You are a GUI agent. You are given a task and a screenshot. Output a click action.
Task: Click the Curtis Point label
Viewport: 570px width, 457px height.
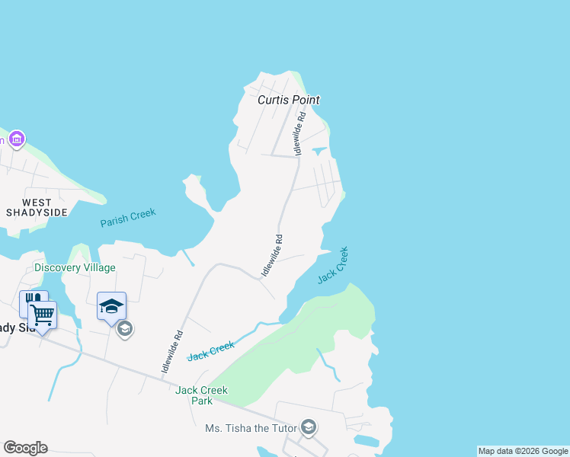288,100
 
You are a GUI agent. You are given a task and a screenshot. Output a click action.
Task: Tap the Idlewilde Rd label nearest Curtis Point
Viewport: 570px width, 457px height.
302,130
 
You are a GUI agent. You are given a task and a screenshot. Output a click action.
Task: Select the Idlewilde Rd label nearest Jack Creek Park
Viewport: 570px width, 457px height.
172,350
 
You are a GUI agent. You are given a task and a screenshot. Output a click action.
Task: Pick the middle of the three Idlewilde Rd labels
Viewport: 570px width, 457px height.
272,254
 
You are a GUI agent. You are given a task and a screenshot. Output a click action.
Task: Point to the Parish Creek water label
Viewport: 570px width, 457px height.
128,218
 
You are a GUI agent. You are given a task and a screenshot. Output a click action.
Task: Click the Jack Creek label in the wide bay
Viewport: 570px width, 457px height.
333,264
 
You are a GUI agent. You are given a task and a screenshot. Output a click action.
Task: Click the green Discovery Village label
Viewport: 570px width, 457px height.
75,267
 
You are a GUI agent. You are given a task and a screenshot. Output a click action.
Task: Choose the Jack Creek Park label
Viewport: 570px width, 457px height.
201,395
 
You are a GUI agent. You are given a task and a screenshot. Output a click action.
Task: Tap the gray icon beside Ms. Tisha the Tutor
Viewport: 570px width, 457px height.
309,427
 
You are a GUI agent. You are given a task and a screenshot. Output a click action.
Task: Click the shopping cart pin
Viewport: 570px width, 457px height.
43,314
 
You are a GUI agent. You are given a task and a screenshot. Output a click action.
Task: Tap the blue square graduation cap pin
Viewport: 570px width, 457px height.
111,306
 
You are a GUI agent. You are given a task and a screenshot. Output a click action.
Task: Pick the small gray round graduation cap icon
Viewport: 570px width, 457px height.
125,329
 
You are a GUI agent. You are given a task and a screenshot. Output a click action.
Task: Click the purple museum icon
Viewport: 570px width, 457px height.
17,139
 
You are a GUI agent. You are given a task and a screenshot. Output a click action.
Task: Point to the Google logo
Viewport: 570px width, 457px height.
25,448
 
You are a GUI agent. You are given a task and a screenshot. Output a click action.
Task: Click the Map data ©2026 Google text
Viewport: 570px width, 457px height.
523,451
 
